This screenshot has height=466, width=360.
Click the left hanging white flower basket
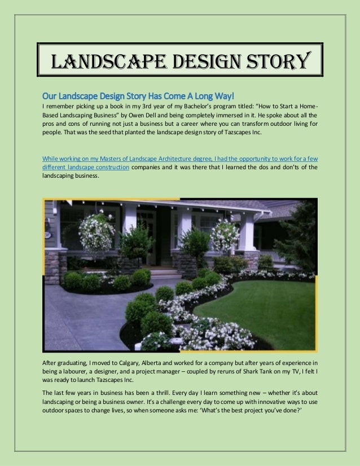96,230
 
